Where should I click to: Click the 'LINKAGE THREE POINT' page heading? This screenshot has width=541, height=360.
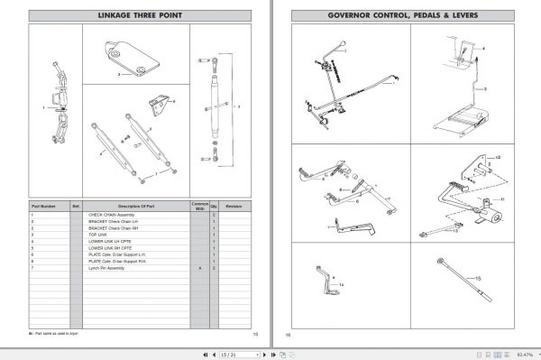[x=140, y=15]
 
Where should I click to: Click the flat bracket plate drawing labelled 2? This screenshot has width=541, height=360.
[x=133, y=58]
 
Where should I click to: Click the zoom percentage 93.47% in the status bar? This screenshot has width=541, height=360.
[x=526, y=352]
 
